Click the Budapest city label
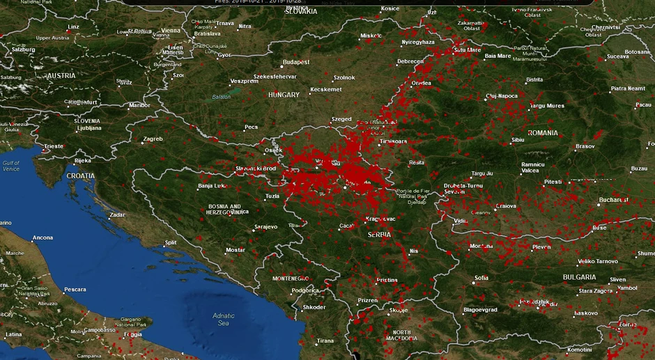pyautogui.click(x=296, y=62)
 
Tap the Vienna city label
pyautogui.click(x=171, y=31)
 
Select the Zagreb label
pyautogui.click(x=153, y=139)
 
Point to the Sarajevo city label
pyautogui.click(x=265, y=226)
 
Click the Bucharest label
pyautogui.click(x=613, y=200)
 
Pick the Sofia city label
pyautogui.click(x=481, y=278)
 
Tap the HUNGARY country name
pyautogui.click(x=284, y=95)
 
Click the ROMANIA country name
pyautogui.click(x=543, y=133)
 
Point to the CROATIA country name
pyautogui.click(x=81, y=176)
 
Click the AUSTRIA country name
pyautogui.click(x=61, y=75)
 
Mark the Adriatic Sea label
pyautogui.click(x=223, y=320)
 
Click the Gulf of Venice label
pyautogui.click(x=11, y=166)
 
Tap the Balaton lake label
pyautogui.click(x=221, y=97)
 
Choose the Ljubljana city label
pyautogui.click(x=89, y=128)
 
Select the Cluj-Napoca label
pyautogui.click(x=502, y=96)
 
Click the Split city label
pyautogui.click(x=170, y=242)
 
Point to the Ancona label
pyautogui.click(x=43, y=237)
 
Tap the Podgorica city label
pyautogui.click(x=305, y=290)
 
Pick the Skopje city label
pyautogui.click(x=399, y=311)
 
